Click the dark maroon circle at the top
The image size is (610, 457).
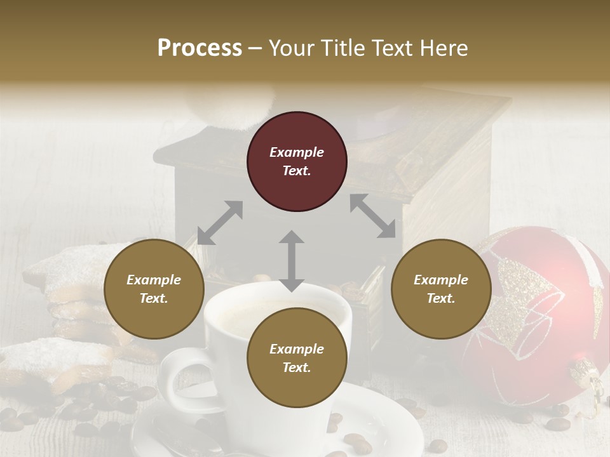pos(297,162)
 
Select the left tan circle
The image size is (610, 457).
pos(154,289)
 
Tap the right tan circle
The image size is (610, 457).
pos(441,289)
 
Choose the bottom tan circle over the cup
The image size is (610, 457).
pos(297,358)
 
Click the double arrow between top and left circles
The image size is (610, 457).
pos(220,222)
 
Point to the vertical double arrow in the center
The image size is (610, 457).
pos(292,261)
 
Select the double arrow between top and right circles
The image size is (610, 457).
pos(372,216)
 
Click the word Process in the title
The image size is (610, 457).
pos(200,48)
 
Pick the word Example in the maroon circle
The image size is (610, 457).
pos(297,152)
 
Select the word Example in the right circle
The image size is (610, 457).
pos(441,280)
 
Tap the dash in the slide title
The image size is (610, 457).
pos(255,48)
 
